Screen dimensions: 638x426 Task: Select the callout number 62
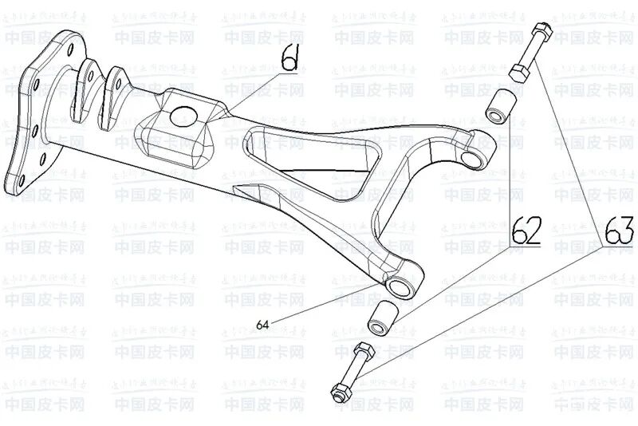[x=526, y=231]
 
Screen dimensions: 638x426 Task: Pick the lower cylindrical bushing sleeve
[x=381, y=316]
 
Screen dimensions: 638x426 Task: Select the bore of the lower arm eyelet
[x=394, y=285]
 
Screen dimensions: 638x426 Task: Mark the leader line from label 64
[x=319, y=307]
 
